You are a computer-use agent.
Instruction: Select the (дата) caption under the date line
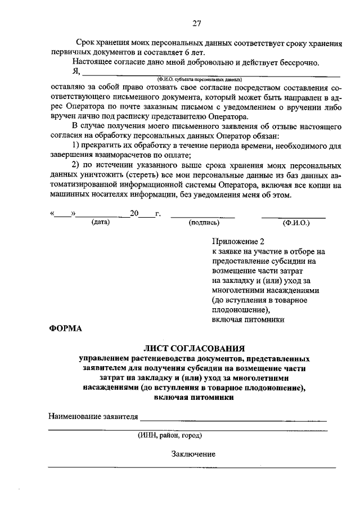click(x=100, y=222)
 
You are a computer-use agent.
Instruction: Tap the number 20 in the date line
click(x=134, y=213)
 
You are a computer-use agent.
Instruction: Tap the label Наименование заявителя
click(x=93, y=417)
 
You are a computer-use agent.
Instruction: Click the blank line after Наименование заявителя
click(x=233, y=420)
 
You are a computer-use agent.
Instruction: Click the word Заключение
click(x=193, y=454)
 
